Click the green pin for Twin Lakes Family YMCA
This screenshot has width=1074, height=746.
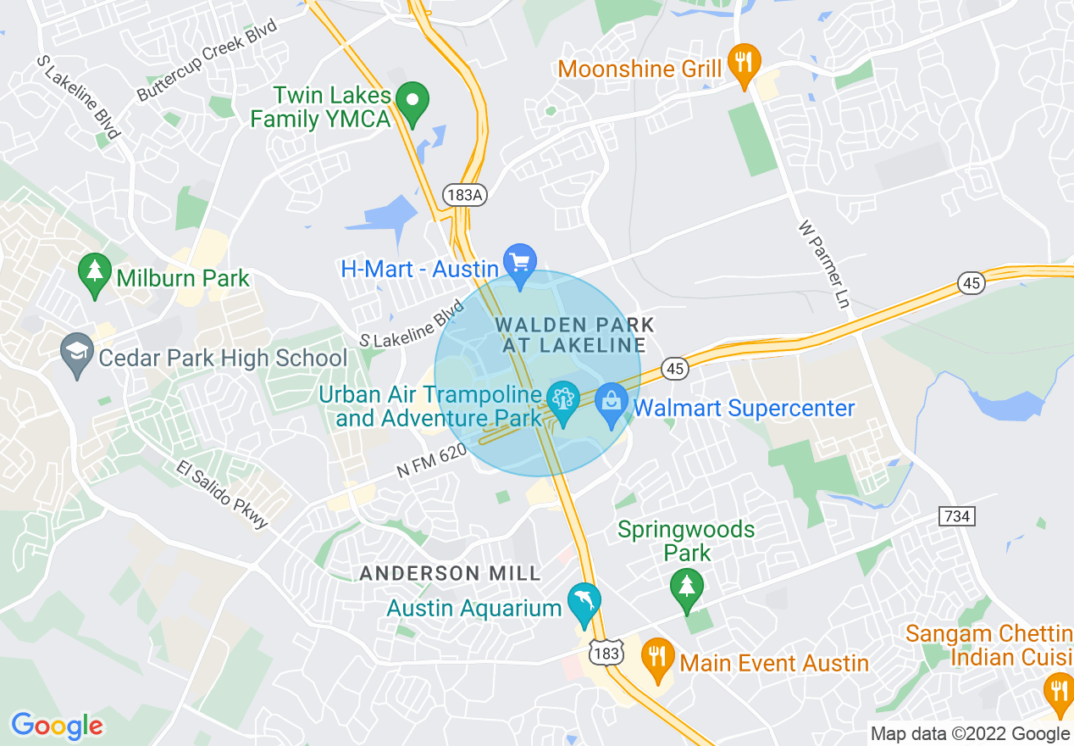pos(412,103)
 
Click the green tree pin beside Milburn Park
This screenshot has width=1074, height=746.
pos(95,273)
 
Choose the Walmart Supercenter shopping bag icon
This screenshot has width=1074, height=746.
pos(611,404)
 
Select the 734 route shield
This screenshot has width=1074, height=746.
pos(957,515)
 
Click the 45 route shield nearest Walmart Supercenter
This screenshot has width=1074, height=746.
pos(674,369)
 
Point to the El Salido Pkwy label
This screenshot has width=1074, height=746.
pos(222,494)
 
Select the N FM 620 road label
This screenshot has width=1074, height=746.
pos(432,463)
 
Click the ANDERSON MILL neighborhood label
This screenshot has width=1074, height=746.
pos(450,574)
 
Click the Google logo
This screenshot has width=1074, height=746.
pos(57,726)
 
